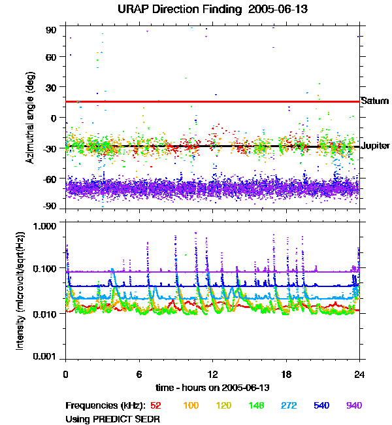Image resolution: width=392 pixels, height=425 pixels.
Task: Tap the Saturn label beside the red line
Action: pos(375,101)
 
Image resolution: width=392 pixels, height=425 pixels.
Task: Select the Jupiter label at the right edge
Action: pos(376,146)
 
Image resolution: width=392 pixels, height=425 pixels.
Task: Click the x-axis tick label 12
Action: pos(212,374)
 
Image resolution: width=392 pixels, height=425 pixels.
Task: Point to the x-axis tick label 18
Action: pos(286,374)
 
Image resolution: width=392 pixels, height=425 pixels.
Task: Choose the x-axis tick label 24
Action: pos(359,374)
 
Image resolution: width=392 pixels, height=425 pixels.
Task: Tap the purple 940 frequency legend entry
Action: pos(354,405)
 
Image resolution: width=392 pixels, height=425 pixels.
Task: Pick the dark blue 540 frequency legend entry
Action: pos(321,405)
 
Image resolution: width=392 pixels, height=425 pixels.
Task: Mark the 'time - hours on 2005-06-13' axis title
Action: pos(213,388)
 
